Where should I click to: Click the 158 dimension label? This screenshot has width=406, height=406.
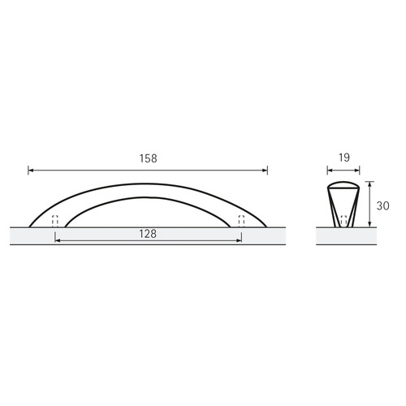tap(148, 158)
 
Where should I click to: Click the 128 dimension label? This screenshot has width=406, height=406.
tap(148, 234)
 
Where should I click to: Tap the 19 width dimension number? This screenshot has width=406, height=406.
tap(344, 158)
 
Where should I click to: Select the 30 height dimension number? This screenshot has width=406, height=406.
tap(382, 206)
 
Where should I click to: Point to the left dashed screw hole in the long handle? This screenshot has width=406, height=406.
tap(55, 221)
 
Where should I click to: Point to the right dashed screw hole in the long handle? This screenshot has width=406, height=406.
tap(241, 221)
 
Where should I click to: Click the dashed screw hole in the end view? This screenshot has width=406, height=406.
tap(343, 221)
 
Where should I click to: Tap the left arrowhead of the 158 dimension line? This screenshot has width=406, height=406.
tap(30, 171)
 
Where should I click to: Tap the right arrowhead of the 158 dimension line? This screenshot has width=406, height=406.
tap(265, 171)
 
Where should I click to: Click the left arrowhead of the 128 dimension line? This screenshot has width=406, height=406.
tap(57, 240)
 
